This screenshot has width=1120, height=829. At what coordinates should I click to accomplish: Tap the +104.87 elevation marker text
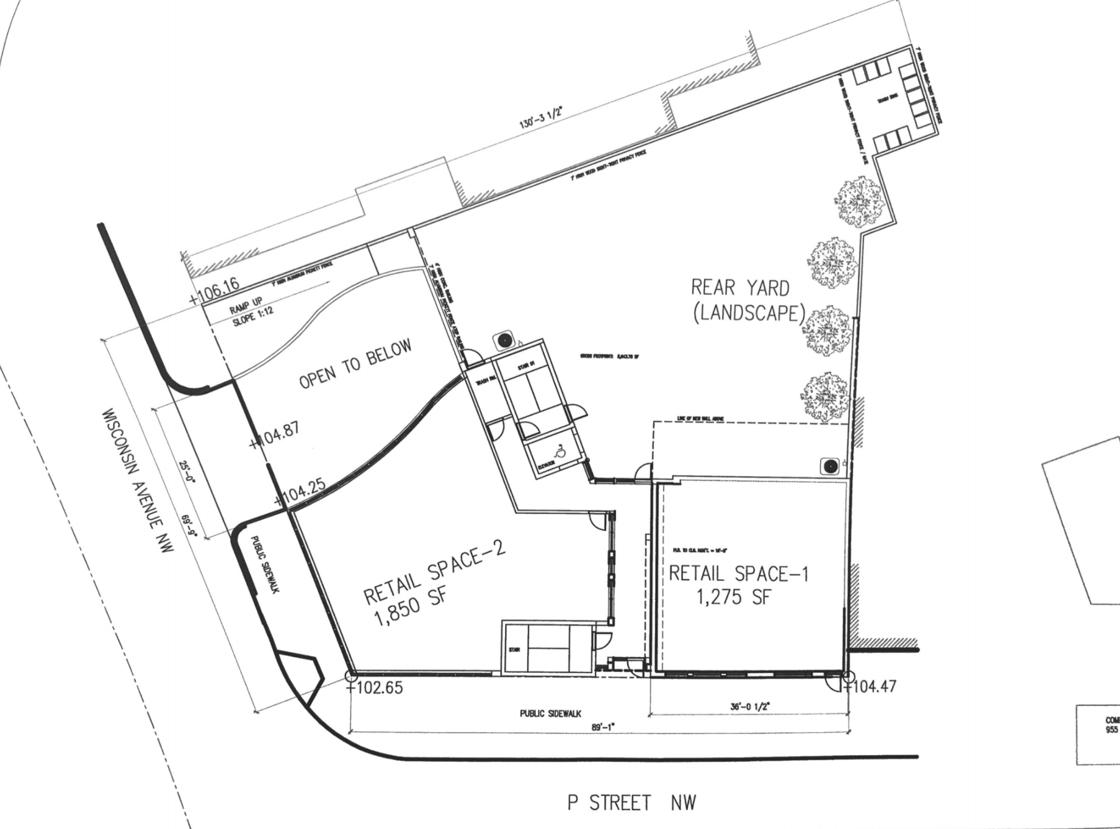tap(275, 434)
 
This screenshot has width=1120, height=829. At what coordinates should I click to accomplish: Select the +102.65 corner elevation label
tap(376, 688)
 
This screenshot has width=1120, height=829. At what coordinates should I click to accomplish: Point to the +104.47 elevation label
tap(872, 687)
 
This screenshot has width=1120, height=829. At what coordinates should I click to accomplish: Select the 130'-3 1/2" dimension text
tap(541, 116)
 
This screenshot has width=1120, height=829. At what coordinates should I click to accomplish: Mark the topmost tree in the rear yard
tap(859, 200)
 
